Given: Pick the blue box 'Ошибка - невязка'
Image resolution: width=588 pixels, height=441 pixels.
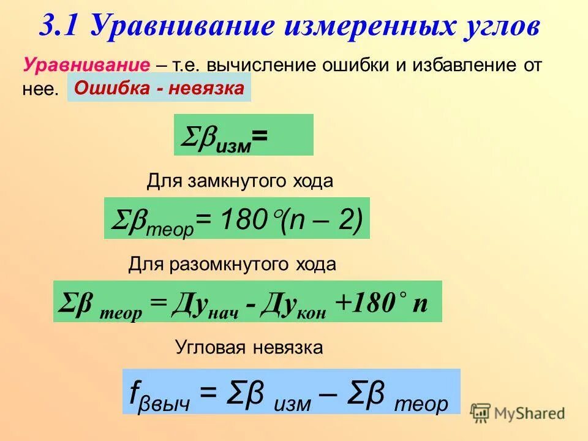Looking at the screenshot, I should tap(159, 89).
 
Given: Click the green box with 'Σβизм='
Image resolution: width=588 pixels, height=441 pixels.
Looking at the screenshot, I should tap(243, 135).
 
